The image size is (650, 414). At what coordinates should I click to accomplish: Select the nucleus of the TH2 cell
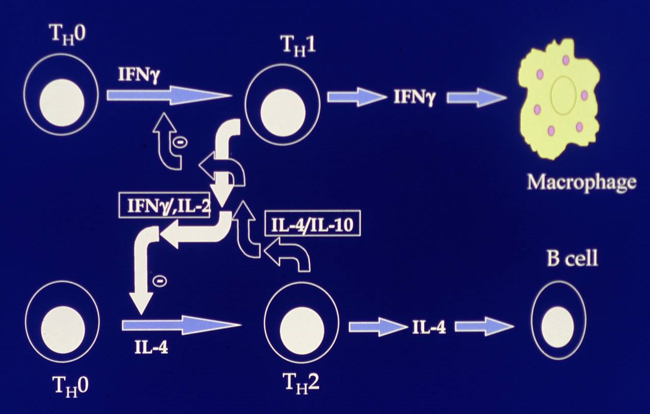point(301,325)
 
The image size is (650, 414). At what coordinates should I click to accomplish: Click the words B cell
point(572,259)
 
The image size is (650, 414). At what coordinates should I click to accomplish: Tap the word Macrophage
point(581,182)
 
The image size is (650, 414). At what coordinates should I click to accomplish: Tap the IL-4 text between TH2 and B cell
point(429,327)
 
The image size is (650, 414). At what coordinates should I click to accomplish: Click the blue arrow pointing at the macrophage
point(476,97)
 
